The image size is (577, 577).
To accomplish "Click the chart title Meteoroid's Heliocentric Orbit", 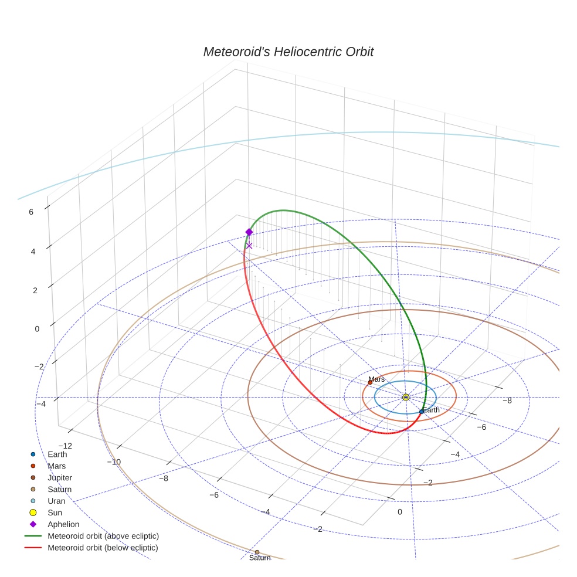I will coord(288,52).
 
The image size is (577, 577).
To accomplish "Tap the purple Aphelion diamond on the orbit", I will coord(249,232).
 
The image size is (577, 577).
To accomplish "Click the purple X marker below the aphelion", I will coord(249,246).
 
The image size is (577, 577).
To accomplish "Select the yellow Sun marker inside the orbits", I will coord(406,397).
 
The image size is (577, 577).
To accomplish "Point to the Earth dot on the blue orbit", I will coord(422,412).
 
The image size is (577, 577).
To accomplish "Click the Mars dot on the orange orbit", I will coord(370,382).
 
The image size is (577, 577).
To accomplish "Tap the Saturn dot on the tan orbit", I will coord(257,552).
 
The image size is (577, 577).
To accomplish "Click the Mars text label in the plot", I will coord(376,379).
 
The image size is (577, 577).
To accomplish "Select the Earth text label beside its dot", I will coord(431,410).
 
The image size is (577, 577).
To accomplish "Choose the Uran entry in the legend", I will coord(56,501).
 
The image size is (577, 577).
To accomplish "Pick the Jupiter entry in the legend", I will coord(60,477).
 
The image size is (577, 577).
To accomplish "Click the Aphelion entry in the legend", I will coord(63,524).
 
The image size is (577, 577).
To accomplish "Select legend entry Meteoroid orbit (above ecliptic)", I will coord(103,536).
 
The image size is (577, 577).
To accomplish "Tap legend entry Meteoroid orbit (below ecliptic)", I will coord(103,548).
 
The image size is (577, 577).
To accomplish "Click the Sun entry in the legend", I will coord(55,512).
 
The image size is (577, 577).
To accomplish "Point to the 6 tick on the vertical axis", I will coord(31,212).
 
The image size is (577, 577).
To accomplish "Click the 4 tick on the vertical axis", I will coord(33,251).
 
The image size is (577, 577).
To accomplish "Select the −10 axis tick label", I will coord(114,461).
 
